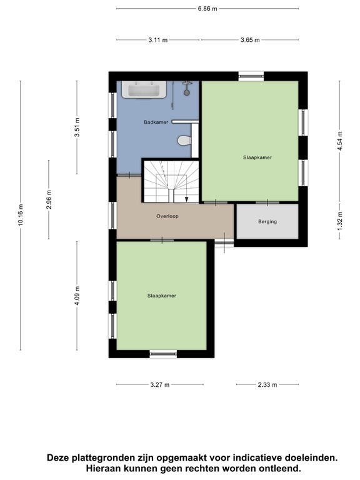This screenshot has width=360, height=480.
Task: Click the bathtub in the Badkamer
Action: tap(144, 90)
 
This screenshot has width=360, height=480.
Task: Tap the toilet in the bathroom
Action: tap(184, 141)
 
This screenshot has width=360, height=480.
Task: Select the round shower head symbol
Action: tap(186, 92)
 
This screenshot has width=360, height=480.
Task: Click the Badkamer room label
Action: tap(156, 122)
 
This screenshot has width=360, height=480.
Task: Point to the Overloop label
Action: tap(167, 216)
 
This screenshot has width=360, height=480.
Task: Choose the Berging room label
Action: tap(267, 221)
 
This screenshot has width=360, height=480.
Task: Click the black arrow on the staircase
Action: tap(187, 199)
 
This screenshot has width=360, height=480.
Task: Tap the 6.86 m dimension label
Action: tap(207, 9)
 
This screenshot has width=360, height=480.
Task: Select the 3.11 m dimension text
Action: tap(158, 40)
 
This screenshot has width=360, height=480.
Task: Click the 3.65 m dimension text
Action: tap(250, 40)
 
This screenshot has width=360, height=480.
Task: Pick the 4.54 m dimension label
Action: tap(340, 141)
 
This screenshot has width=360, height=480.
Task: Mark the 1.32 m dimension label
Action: tap(340, 221)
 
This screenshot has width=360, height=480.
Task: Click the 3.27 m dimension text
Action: tap(160, 385)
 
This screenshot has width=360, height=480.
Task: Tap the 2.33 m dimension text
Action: tap(267, 385)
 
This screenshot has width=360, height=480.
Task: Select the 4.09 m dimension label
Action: tap(77, 296)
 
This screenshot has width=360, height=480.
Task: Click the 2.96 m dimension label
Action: tap(49, 199)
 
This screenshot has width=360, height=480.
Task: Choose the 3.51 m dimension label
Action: tap(77, 127)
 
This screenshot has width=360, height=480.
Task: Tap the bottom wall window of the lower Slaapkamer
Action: tap(163, 354)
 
